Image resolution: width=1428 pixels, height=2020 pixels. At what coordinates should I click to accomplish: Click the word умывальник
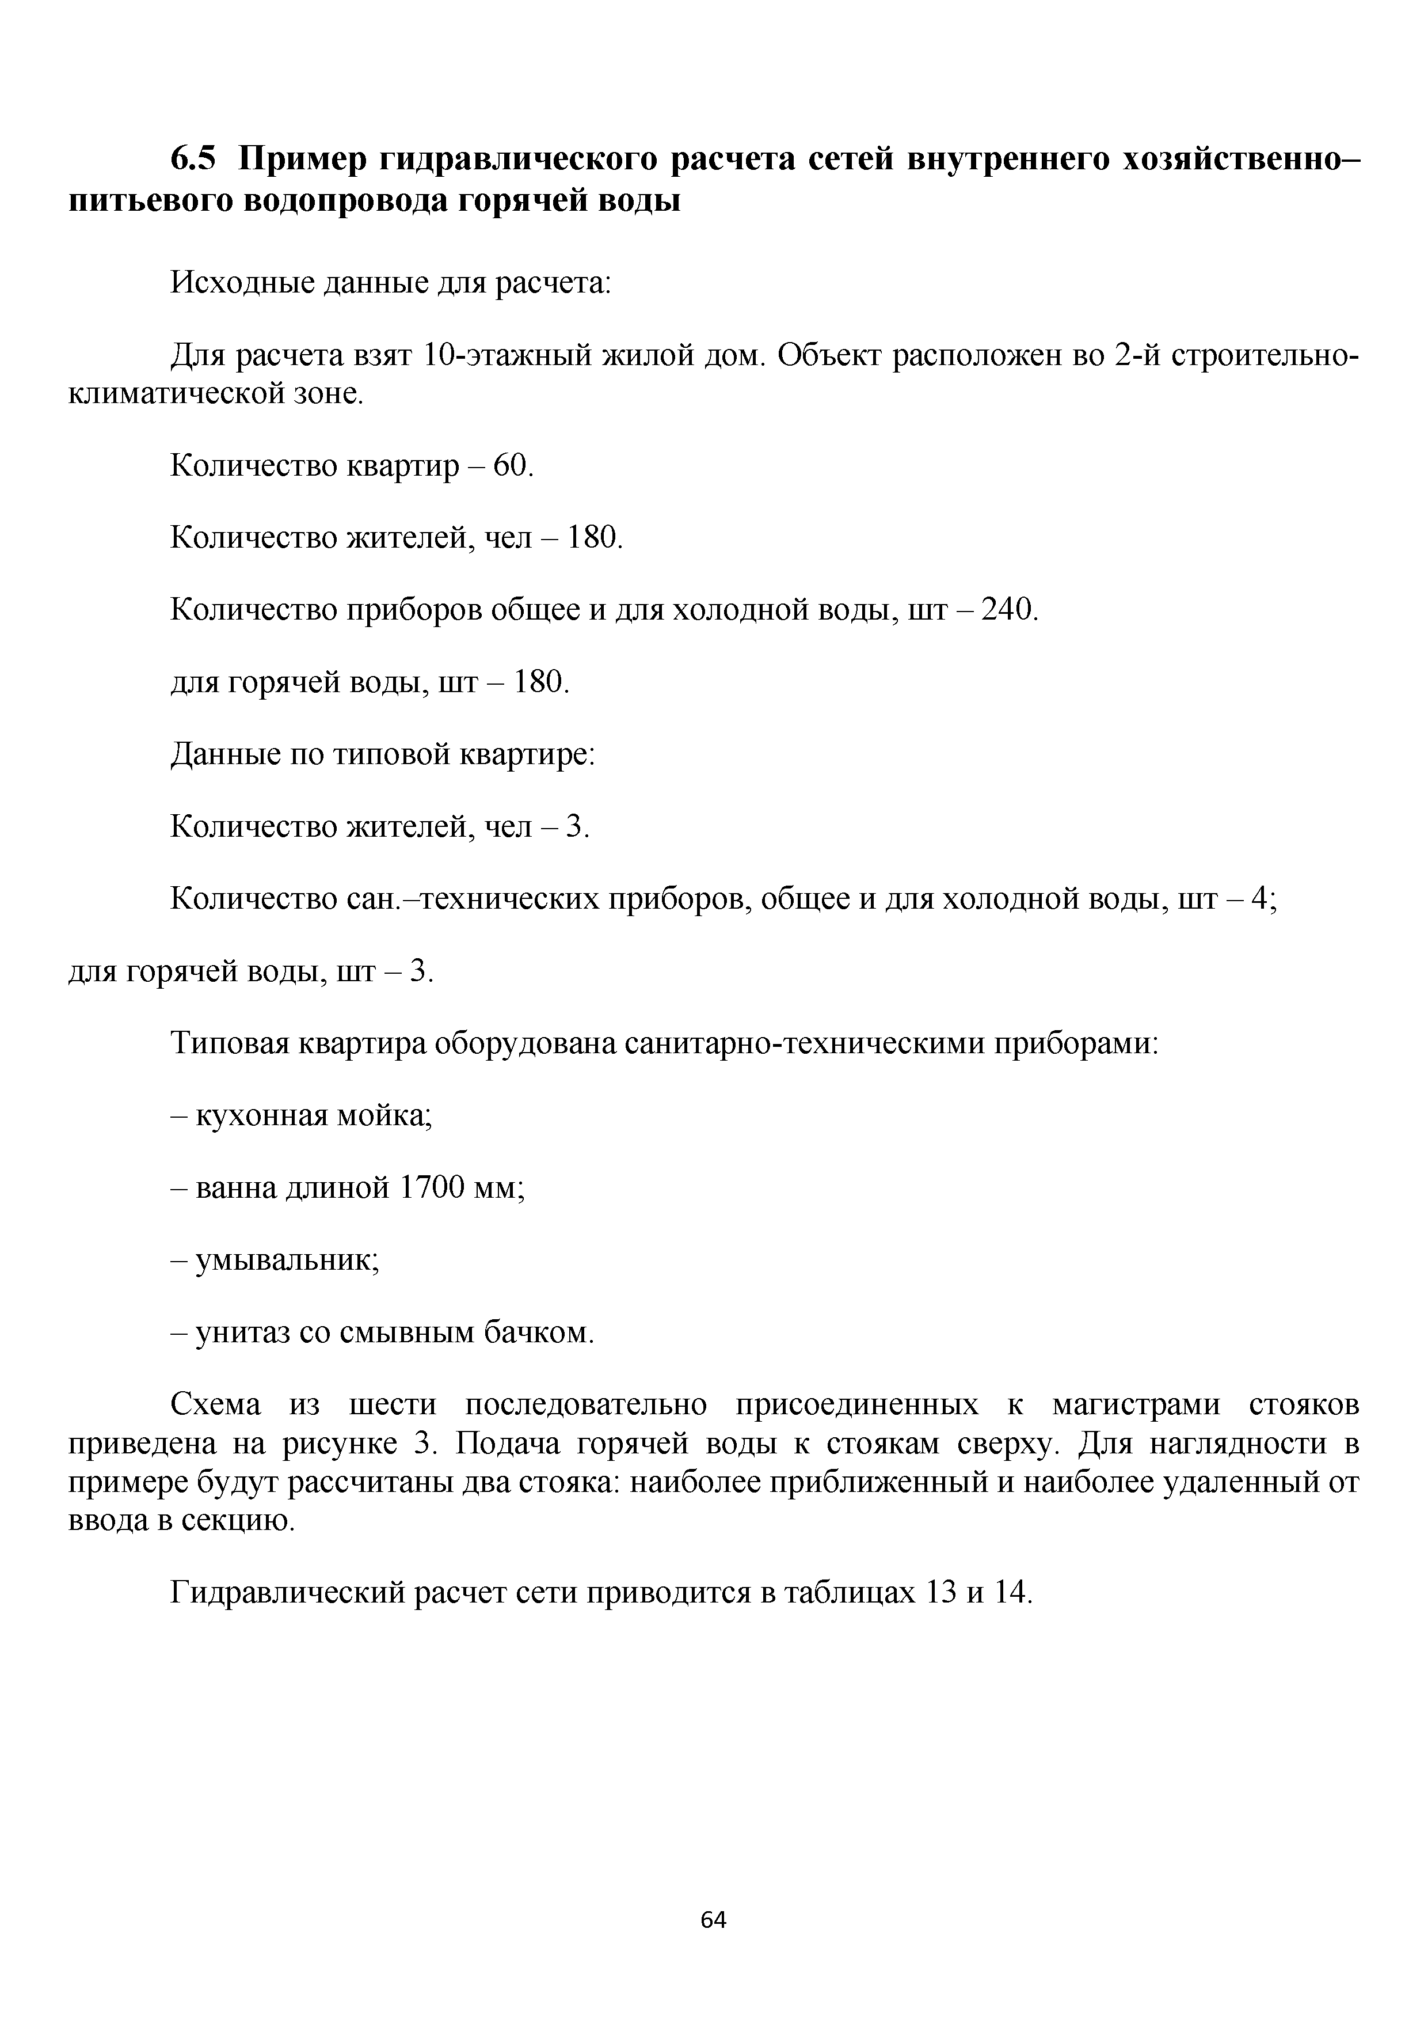pos(287,1260)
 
